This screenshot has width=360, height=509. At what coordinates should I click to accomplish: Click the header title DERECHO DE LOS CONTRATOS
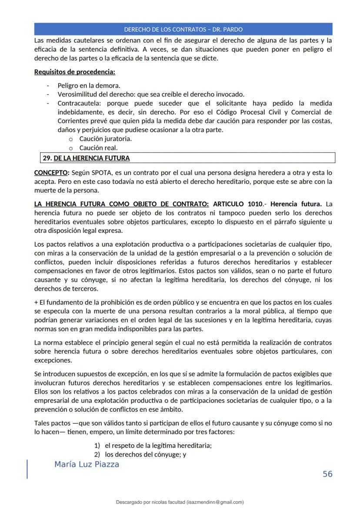coord(183,30)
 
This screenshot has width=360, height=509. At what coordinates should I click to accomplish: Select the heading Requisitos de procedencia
coord(74,72)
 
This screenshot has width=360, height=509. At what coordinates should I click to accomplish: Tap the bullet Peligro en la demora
coord(89,86)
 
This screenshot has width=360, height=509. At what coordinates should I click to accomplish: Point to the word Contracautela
coord(78,103)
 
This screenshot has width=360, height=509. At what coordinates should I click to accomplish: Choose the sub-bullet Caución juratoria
coord(105,139)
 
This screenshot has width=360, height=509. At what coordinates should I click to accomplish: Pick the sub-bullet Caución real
coord(98,148)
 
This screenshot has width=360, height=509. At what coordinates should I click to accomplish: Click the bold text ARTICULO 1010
coord(237,204)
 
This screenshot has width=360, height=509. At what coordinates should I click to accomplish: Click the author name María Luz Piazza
coord(87,464)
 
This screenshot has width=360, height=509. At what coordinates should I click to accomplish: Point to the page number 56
coord(327,474)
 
